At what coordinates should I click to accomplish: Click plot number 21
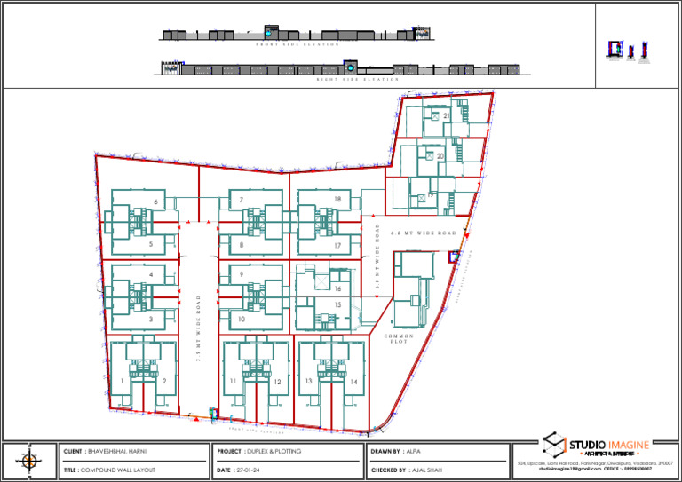coord(446,116)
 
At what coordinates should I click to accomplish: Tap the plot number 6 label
coord(155,203)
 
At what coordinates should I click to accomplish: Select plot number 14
coord(353,381)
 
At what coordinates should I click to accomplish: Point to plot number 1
coord(122,381)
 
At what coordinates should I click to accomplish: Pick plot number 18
coord(338,200)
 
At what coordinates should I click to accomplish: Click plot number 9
coord(242,275)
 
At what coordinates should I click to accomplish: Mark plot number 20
coord(440,156)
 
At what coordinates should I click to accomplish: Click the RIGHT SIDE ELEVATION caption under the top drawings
coord(358,80)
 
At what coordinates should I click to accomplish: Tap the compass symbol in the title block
coord(29,461)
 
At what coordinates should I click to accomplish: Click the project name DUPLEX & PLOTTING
coord(273,452)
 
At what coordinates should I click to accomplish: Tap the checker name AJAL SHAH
coord(426,470)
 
